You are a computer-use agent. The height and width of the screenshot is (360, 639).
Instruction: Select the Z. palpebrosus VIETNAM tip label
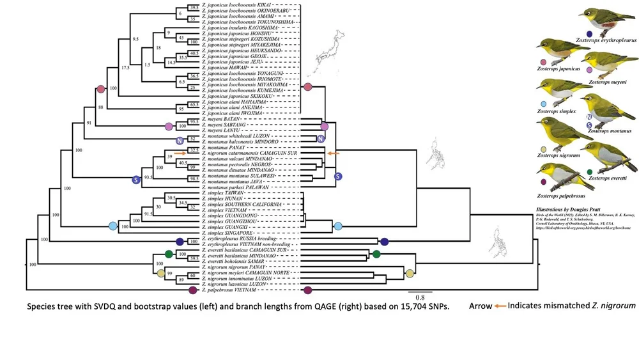tap(231, 290)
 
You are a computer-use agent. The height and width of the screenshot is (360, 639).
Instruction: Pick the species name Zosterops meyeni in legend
tap(608, 82)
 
